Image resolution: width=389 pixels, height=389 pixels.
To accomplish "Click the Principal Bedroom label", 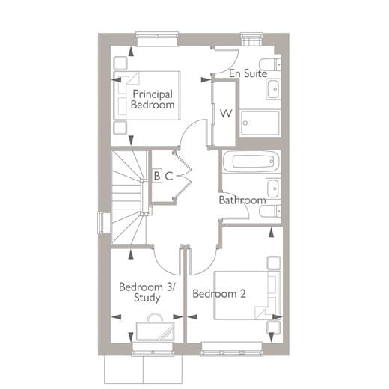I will point(153,99).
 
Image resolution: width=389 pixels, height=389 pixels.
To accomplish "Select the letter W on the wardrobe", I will point(224,114).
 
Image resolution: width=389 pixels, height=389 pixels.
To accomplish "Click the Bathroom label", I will point(242,200).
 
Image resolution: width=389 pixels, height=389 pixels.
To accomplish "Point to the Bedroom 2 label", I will point(218,294).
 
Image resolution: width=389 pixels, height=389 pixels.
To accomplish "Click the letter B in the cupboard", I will point(157,176).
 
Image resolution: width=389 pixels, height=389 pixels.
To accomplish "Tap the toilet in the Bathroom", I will point(269,212).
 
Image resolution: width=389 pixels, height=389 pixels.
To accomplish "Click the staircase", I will point(129,197).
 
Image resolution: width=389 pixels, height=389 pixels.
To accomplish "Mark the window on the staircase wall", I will point(101,223).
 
